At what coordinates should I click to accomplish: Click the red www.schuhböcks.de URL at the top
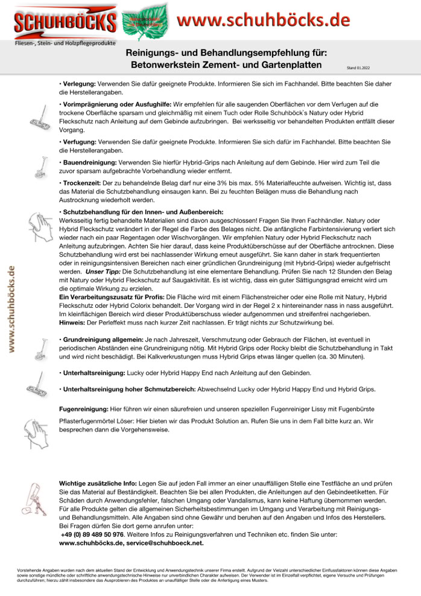[x=264, y=19]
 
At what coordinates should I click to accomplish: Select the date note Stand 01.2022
[x=359, y=68]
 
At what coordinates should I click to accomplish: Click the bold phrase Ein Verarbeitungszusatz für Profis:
[x=112, y=297]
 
